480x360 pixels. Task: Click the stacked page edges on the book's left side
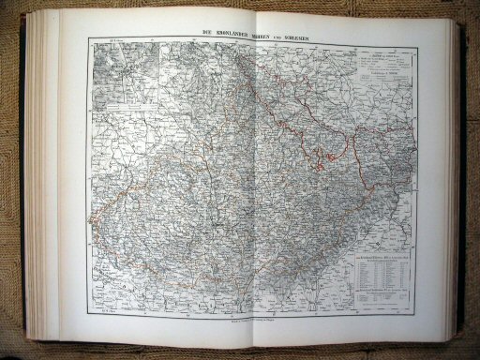(33, 178)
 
